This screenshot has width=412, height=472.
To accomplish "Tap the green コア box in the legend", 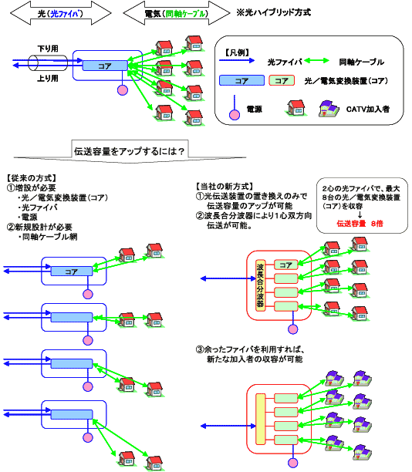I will pos(282,80).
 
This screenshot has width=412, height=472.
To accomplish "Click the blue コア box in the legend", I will pos(241,80).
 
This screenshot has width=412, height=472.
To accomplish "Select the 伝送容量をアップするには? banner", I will pos(129,150).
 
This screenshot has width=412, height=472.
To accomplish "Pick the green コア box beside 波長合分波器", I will pos(285,265).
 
